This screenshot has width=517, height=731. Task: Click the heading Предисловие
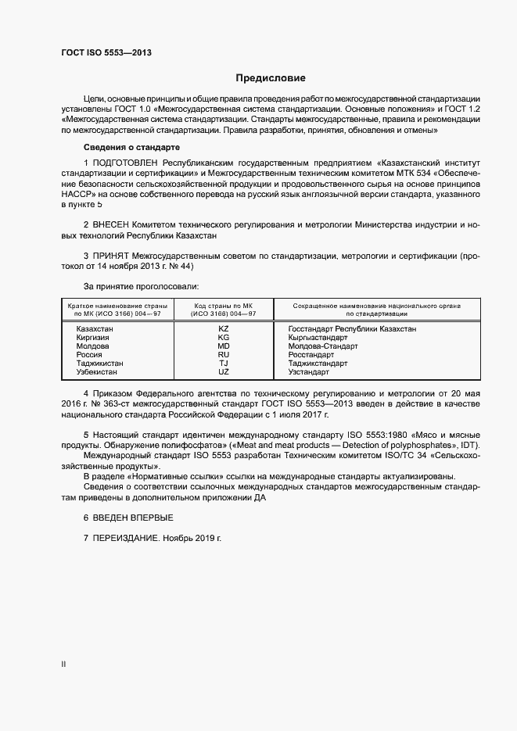(271, 78)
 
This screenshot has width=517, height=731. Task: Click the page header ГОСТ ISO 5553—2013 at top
(106, 52)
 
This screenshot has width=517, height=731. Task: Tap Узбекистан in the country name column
(97, 372)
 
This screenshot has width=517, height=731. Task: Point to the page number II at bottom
(63, 665)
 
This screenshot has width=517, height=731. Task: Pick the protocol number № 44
(182, 266)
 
